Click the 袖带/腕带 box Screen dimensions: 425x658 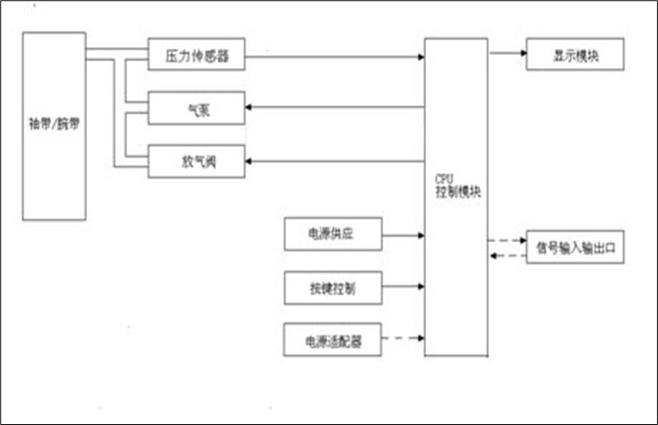54,125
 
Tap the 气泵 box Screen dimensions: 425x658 196,109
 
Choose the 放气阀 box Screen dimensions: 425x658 196,161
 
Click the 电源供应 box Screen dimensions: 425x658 332,234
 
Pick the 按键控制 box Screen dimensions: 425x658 332,287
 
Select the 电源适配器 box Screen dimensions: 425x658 332,340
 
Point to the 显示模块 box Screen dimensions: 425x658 574,54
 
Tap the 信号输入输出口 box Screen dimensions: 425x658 574,247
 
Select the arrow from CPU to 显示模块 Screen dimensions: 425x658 507,53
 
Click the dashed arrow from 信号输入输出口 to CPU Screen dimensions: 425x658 507,255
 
